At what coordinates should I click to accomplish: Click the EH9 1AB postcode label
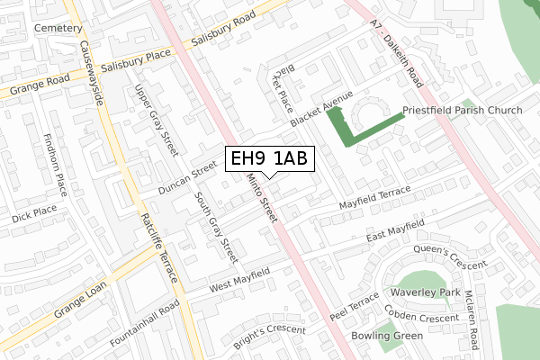click(269, 159)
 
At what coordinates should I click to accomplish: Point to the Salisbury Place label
click(135, 66)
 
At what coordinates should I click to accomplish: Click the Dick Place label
click(35, 214)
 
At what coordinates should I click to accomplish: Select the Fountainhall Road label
click(146, 326)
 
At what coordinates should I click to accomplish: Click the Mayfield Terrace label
click(374, 200)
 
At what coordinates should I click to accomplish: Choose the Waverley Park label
click(425, 293)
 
